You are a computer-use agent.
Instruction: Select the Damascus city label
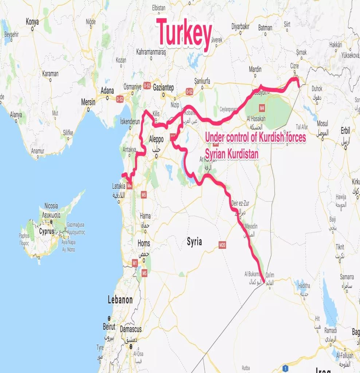pos(131,329)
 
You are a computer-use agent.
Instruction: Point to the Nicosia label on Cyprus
pos(51,206)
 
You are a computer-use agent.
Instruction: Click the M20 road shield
pos(223,245)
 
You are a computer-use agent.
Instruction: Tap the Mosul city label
pos(322,124)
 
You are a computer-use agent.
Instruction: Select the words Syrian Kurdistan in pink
pos(232,154)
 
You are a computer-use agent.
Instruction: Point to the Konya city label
pos(32,22)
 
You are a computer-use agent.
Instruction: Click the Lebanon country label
pos(120,300)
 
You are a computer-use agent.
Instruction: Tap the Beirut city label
pos(109,327)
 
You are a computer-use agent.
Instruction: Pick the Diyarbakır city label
pos(240,27)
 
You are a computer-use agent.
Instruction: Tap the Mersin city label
pos(88,102)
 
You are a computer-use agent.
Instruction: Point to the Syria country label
pos(194,242)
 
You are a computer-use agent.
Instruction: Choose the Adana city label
pos(107,91)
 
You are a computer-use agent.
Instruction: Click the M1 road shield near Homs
pos(135,262)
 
